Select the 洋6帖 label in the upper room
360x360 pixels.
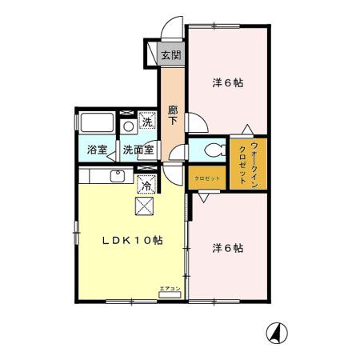pyautogui.click(x=228, y=82)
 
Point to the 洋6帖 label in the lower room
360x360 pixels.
pyautogui.click(x=228, y=248)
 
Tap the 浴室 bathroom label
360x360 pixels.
pyautogui.click(x=97, y=150)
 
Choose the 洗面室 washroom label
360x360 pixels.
pyautogui.click(x=138, y=150)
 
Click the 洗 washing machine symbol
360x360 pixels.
pyautogui.click(x=146, y=122)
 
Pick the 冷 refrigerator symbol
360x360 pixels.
pyautogui.click(x=147, y=185)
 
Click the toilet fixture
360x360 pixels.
pyautogui.click(x=211, y=150)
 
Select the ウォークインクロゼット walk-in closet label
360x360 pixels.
pyautogui.click(x=248, y=163)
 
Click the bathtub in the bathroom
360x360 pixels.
pyautogui.click(x=97, y=124)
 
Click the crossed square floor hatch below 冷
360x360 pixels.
pyautogui.click(x=146, y=206)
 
